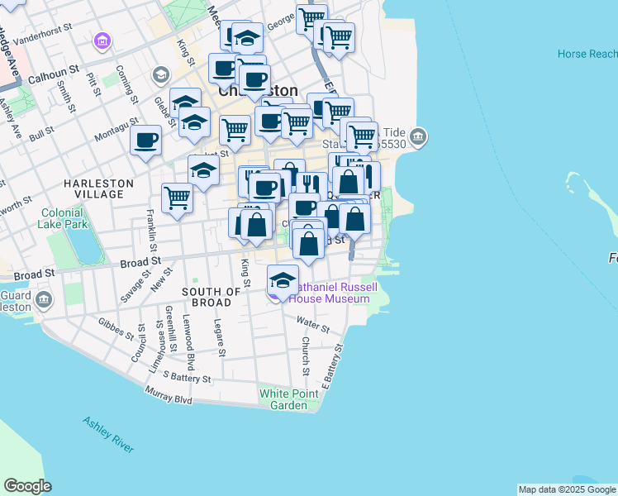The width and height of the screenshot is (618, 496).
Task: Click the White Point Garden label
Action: tap(289, 399)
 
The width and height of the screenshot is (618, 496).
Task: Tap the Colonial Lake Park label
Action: tap(64, 218)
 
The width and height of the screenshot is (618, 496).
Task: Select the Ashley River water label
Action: tap(108, 433)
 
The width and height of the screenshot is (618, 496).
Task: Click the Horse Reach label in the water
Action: tap(587, 54)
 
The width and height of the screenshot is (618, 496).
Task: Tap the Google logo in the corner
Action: tap(27, 486)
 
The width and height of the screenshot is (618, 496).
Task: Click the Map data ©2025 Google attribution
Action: tap(567, 489)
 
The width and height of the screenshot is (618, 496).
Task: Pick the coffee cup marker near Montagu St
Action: tap(146, 140)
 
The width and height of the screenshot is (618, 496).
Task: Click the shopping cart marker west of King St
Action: tap(178, 198)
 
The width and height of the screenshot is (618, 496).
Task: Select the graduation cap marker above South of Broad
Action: tap(283, 279)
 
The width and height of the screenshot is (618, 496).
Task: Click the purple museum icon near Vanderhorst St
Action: tap(102, 41)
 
